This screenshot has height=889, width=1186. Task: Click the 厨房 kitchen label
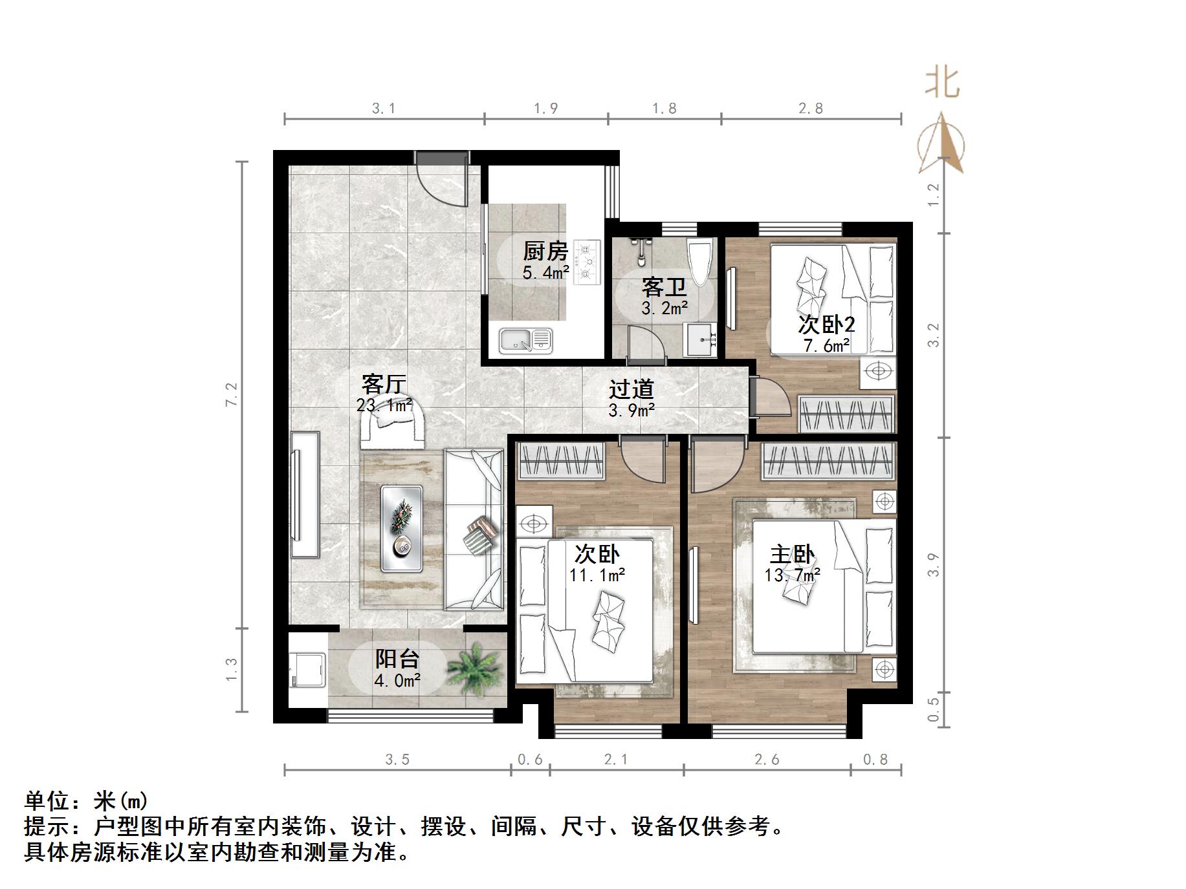point(545,250)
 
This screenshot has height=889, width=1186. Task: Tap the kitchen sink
point(525,341)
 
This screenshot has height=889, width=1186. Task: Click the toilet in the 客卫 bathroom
point(700,260)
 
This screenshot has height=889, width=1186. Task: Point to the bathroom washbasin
point(701,338)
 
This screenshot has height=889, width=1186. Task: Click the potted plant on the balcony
point(475,669)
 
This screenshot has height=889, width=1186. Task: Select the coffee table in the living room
point(402,528)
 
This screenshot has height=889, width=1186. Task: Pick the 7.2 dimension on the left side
point(232,394)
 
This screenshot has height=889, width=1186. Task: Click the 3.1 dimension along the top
point(384,109)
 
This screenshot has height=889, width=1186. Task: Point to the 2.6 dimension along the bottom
point(767,759)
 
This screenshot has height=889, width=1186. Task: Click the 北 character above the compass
point(941,84)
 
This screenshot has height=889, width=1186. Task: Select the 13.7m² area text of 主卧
point(792,575)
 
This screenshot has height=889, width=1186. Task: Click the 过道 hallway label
point(631,389)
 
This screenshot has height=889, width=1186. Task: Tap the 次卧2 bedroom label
point(826,324)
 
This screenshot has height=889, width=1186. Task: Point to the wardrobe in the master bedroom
point(828,462)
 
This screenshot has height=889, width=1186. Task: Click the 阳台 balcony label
point(397,659)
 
